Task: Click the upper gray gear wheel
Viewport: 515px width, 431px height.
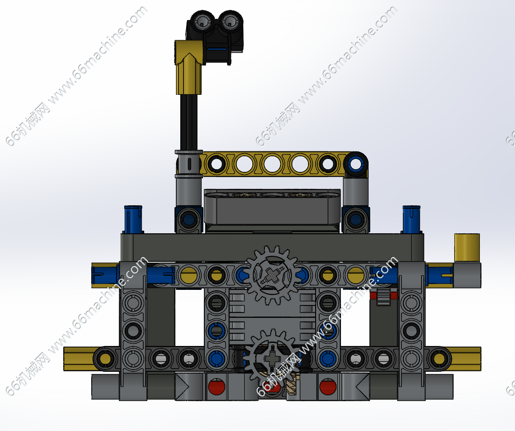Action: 272,275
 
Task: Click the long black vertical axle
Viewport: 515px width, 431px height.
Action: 189,123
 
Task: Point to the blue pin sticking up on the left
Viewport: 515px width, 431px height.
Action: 133,220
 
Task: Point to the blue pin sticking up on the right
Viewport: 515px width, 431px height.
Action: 411,220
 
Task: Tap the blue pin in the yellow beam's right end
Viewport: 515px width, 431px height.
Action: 355,163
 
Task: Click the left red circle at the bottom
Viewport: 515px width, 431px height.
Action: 217,386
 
